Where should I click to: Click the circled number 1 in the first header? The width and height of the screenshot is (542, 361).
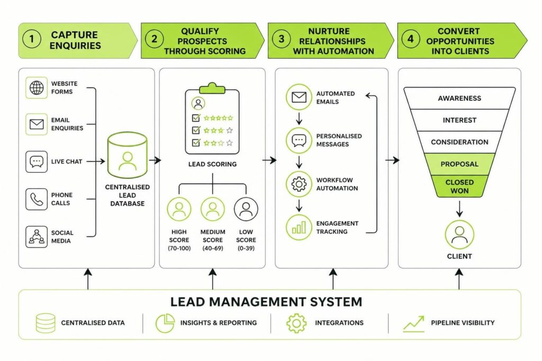(32, 39)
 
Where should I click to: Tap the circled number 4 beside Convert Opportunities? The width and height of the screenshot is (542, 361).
(410, 38)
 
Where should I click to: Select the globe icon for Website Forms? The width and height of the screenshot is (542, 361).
(37, 88)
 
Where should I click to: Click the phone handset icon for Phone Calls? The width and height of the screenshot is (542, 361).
(37, 199)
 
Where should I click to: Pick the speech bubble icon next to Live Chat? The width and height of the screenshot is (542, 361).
(37, 162)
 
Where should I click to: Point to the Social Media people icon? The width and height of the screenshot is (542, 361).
(37, 237)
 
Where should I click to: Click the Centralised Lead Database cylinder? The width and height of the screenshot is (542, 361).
(127, 155)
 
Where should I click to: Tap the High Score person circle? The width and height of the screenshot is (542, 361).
(179, 209)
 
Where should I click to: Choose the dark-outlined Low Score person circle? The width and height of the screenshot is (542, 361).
(246, 209)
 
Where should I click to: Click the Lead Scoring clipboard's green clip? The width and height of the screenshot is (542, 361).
(212, 89)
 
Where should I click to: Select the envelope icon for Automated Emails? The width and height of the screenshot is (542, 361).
(299, 97)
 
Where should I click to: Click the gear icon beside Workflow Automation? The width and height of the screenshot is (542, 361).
(299, 184)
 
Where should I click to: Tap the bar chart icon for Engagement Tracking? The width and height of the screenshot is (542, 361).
(299, 227)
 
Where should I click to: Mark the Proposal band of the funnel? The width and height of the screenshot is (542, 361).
(459, 164)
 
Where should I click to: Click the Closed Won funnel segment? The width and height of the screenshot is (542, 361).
(459, 187)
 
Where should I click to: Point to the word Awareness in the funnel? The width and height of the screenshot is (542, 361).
(459, 98)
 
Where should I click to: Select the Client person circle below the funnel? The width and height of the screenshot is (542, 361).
(459, 235)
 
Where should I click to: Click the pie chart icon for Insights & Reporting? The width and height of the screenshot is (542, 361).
(165, 323)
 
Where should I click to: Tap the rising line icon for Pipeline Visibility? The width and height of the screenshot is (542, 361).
(414, 323)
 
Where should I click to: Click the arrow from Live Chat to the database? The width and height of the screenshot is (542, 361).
(96, 161)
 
